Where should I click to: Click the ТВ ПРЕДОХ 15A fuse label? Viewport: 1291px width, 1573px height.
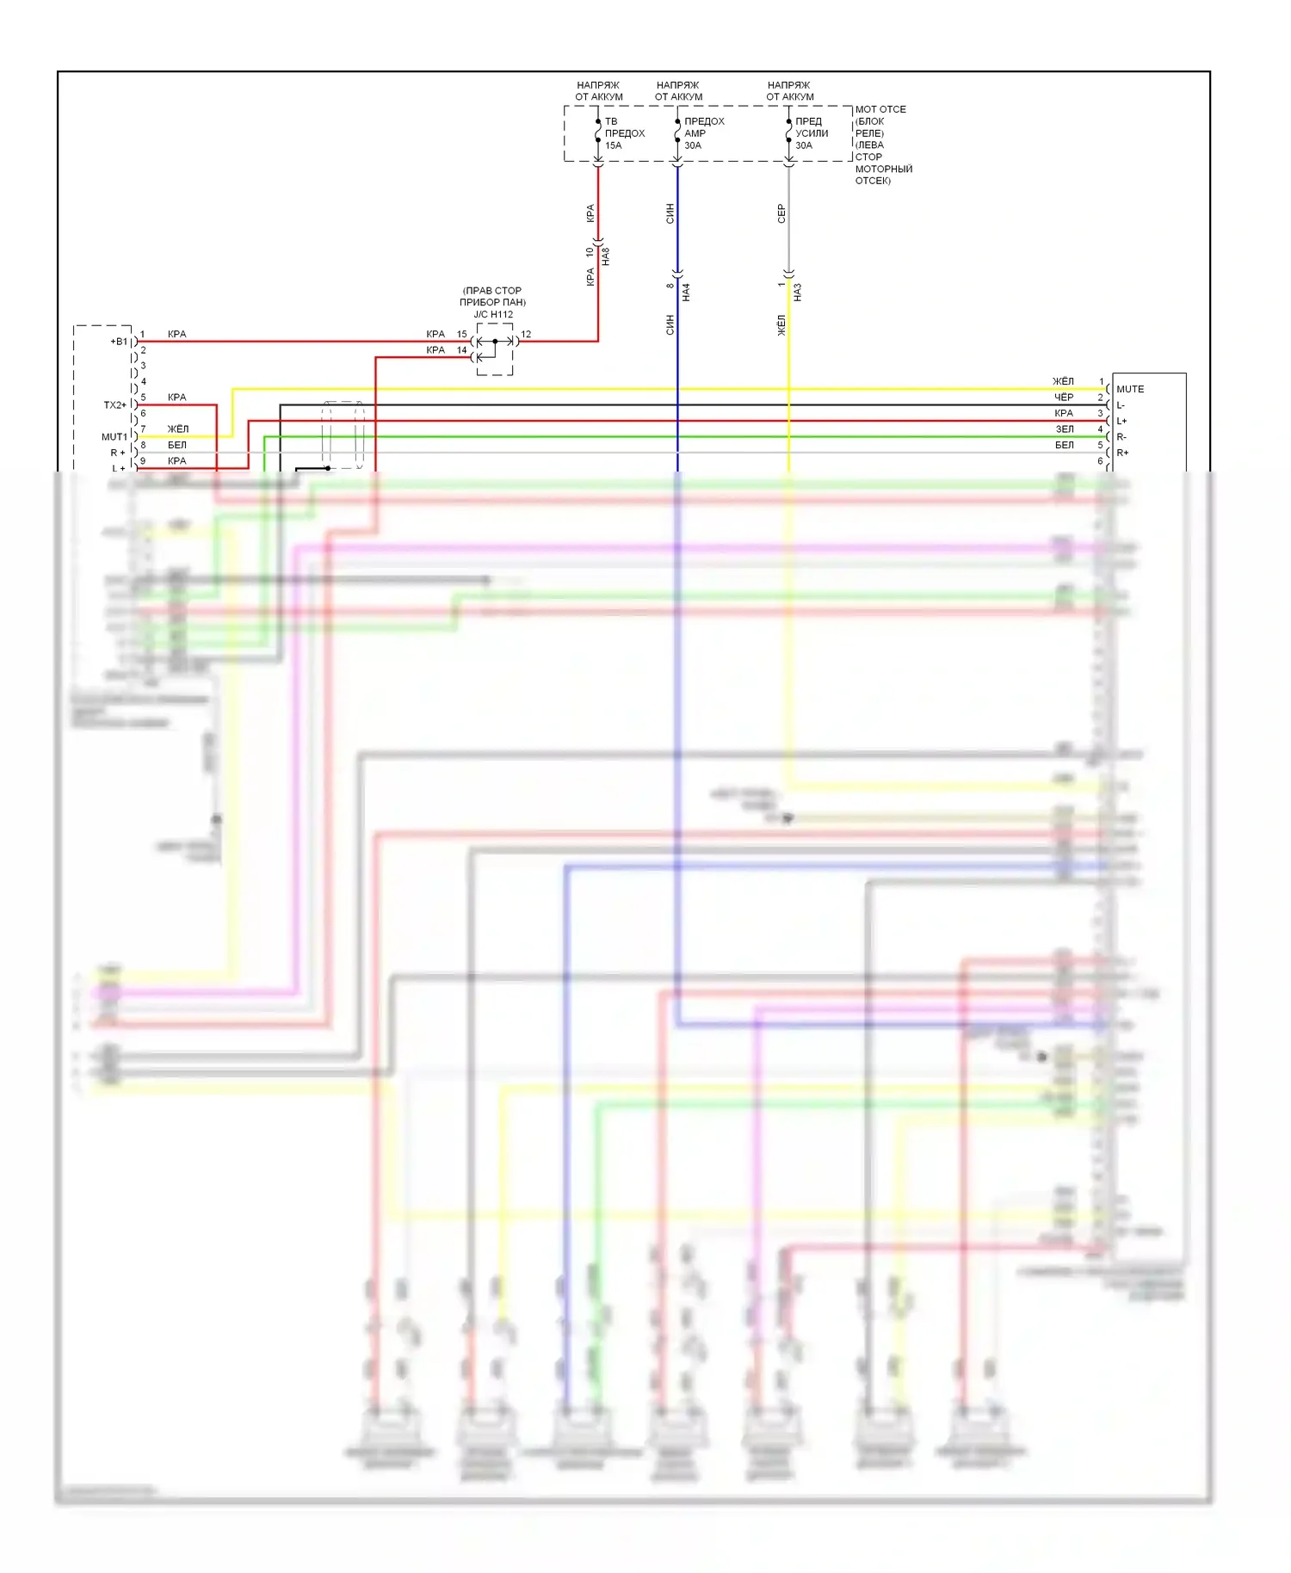[624, 133]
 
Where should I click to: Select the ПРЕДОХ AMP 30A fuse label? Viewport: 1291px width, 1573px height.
[704, 133]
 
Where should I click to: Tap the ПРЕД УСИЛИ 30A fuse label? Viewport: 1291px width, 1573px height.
[812, 133]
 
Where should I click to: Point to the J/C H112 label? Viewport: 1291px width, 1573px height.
[493, 314]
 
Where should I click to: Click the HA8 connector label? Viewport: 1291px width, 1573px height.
[606, 256]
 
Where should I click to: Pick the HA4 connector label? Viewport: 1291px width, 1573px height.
[686, 293]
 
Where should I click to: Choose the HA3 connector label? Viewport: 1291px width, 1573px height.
[798, 293]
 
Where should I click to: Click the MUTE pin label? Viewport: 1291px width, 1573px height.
[1130, 389]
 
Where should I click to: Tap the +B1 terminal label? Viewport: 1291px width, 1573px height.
[119, 342]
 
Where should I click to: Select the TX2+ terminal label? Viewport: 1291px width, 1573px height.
[115, 405]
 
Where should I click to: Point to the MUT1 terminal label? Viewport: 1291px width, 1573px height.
[114, 437]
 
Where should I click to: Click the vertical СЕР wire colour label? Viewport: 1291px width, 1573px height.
[781, 213]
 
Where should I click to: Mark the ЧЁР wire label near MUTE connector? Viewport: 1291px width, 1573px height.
[1064, 398]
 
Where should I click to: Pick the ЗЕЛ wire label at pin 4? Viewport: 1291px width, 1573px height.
[1065, 429]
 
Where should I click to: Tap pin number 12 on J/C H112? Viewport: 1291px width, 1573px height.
[526, 335]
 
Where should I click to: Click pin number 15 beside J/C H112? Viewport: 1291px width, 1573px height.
[462, 335]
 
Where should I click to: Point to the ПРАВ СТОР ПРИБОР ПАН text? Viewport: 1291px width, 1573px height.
[492, 297]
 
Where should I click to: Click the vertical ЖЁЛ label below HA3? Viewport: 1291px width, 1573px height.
[781, 325]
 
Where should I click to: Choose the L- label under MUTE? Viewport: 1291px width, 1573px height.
[1121, 405]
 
